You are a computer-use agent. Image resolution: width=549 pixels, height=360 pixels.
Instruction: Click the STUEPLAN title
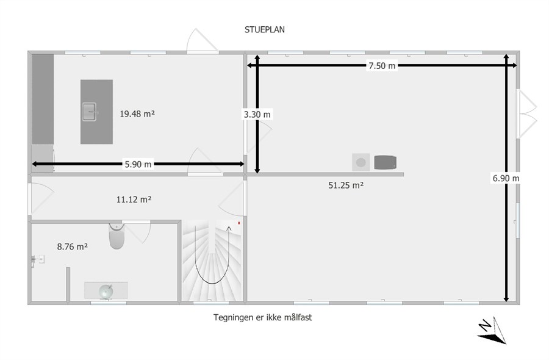(x=264, y=30)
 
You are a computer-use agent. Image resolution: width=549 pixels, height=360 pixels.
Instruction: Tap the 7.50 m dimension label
(x=382, y=65)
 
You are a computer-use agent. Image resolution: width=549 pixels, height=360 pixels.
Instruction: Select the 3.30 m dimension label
(x=257, y=114)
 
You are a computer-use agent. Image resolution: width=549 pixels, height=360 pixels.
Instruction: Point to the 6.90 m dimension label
(x=506, y=178)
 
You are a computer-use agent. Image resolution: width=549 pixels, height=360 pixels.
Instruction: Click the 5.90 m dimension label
(x=138, y=164)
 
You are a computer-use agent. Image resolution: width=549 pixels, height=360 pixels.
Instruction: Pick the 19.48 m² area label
(x=137, y=114)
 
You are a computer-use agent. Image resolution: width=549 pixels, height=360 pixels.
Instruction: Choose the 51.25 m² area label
(x=346, y=185)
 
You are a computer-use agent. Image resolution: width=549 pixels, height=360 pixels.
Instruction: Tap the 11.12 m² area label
(x=134, y=200)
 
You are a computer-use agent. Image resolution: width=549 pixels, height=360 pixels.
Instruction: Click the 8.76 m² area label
(x=72, y=247)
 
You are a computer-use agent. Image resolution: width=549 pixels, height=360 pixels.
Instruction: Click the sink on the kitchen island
(x=89, y=112)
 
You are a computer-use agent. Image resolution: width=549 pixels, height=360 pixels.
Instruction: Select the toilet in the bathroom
(x=117, y=236)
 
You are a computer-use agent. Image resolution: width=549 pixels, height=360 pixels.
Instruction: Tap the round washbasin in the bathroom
(x=106, y=292)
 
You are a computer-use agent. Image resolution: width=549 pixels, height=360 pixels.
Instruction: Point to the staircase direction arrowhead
(x=229, y=229)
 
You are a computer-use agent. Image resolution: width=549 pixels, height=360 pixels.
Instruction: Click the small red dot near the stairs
(x=239, y=223)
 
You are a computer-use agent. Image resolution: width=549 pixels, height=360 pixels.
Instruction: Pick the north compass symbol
(x=492, y=330)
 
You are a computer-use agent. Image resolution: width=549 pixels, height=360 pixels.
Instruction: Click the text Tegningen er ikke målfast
(x=262, y=317)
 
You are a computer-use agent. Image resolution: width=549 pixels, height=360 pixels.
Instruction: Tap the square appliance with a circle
(x=361, y=162)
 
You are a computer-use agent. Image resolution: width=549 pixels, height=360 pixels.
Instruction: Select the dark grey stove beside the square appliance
(x=385, y=162)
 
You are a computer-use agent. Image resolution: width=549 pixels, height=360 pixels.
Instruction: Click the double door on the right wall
(x=526, y=114)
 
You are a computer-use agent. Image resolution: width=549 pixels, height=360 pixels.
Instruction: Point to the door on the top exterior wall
(x=203, y=41)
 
